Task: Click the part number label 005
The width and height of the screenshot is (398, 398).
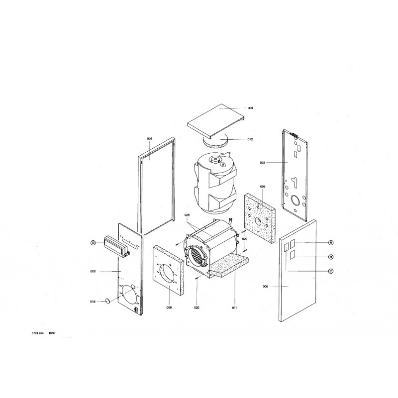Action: tap(250, 108)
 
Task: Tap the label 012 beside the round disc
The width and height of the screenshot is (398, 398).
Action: tap(250, 139)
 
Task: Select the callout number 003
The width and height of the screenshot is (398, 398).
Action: tap(263, 163)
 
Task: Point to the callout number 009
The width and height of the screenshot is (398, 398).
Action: tap(263, 187)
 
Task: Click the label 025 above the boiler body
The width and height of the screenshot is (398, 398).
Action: tap(187, 215)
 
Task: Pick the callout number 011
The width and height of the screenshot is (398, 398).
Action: tap(234, 307)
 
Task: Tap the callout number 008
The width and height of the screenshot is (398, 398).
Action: tap(169, 307)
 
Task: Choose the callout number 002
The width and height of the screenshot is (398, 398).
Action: tap(93, 271)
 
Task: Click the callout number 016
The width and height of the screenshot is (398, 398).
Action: tap(93, 302)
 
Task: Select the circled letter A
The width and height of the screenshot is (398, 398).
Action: tap(331, 243)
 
